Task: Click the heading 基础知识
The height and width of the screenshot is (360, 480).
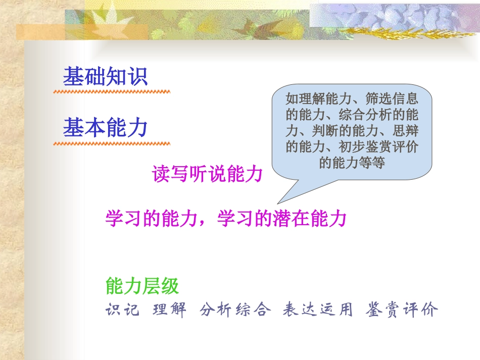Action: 105,77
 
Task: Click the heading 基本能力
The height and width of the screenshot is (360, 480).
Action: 105,128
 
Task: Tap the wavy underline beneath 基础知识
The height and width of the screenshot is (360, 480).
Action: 112,92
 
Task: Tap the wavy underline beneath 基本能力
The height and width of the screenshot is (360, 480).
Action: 112,144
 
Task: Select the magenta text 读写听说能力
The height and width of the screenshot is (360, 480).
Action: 207,175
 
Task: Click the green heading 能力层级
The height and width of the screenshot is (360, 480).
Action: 142,286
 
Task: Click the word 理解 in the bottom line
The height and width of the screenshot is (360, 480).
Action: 169,310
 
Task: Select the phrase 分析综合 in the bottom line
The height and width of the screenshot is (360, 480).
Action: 235,310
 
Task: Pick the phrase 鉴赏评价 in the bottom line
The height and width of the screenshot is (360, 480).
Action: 402,310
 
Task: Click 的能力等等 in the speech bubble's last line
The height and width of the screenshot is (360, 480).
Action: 352,164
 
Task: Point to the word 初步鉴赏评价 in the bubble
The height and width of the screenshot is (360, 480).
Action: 373,147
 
